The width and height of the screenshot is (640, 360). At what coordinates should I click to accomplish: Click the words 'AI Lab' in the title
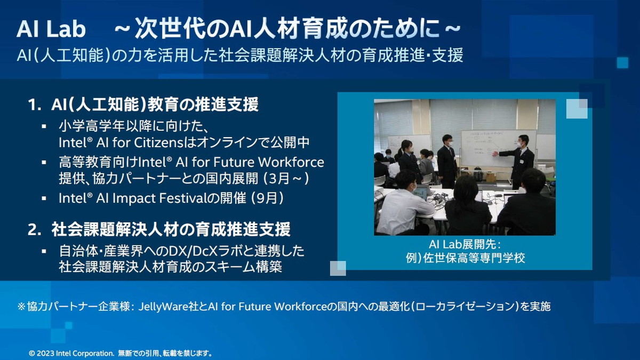pos(51,29)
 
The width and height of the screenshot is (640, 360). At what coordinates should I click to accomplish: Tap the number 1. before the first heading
pos(35,105)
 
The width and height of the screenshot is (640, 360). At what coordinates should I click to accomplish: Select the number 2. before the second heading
pos(35,230)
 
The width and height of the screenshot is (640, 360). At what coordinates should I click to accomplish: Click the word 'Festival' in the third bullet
pos(182,198)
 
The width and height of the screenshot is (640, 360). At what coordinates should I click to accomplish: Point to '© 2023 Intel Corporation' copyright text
pos(71,354)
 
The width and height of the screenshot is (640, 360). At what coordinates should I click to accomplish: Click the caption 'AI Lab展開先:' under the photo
pos(465,245)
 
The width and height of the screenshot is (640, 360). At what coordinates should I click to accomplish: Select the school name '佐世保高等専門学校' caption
pos(474,258)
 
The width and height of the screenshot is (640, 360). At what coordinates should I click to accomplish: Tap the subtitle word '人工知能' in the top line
pos(71,55)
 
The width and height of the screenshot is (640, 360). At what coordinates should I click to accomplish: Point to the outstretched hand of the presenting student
pos(495,154)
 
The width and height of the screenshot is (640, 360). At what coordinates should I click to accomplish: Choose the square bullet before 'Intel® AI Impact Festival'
pos(44,198)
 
